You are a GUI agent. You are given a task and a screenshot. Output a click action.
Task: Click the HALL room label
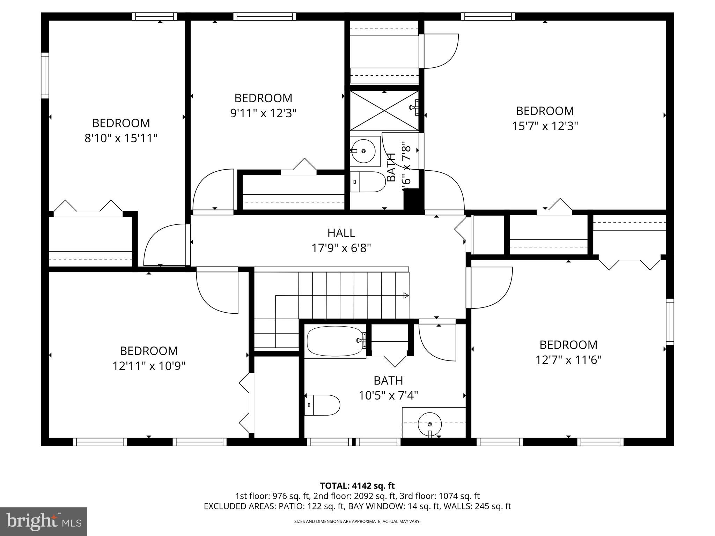pos(341,233)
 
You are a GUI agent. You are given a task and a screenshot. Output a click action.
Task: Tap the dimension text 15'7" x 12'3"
pos(545,126)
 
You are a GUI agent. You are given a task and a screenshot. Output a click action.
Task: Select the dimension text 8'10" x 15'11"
pos(121,139)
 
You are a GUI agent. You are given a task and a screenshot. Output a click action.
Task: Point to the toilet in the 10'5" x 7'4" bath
pos(323,405)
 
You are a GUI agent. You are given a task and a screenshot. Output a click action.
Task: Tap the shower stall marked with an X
pos(384,111)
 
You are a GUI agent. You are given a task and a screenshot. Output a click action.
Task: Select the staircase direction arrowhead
pos(406,296)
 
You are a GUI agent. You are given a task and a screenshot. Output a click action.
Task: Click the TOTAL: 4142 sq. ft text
pos(357,486)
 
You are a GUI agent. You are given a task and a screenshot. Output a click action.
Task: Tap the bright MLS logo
pos(43,521)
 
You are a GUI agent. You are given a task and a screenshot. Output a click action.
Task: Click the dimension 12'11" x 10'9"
pos(148,366)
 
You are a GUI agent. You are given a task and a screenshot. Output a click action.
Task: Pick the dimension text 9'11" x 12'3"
pos(263,113)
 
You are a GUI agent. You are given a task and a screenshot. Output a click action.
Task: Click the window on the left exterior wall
pos(45,75)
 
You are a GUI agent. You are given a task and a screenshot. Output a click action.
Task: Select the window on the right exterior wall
pos(670,321)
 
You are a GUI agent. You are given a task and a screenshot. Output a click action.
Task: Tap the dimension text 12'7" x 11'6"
pos(568,360)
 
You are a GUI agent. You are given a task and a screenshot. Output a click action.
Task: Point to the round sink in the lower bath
pos(430,424)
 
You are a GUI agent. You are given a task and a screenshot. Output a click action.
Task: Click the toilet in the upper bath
pos(368,182)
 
